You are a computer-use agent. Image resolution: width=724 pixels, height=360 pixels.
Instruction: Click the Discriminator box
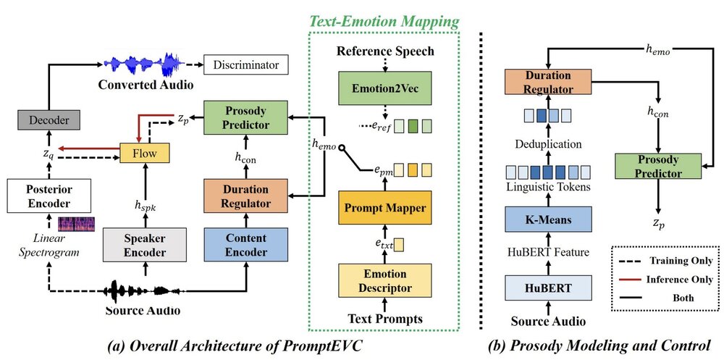pyautogui.click(x=246, y=65)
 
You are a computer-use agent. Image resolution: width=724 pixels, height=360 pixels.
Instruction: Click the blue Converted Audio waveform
pyautogui.click(x=141, y=64)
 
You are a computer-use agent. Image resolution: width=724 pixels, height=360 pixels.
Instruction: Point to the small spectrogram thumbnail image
pyautogui.click(x=75, y=224)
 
